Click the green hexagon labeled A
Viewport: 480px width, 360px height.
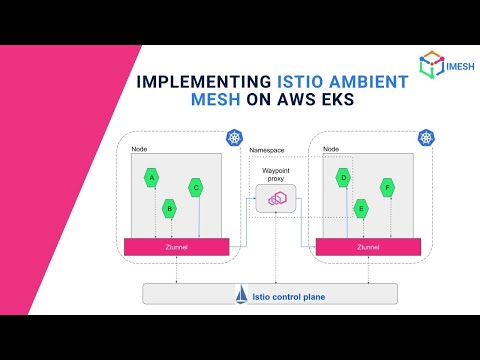[152, 177]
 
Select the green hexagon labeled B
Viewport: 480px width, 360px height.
[170, 208]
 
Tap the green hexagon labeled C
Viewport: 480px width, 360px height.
[196, 187]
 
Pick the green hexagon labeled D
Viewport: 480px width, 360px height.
[343, 177]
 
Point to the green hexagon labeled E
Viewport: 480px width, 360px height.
[361, 208]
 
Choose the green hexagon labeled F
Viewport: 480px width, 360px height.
[387, 186]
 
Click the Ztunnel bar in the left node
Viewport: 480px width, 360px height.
[176, 245]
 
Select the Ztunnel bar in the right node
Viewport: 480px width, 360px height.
[367, 245]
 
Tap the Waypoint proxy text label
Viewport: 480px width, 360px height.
[275, 175]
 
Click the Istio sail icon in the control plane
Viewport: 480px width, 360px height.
[241, 295]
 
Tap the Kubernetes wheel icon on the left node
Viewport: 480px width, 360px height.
[234, 137]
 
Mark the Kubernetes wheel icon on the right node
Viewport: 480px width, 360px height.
[425, 137]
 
